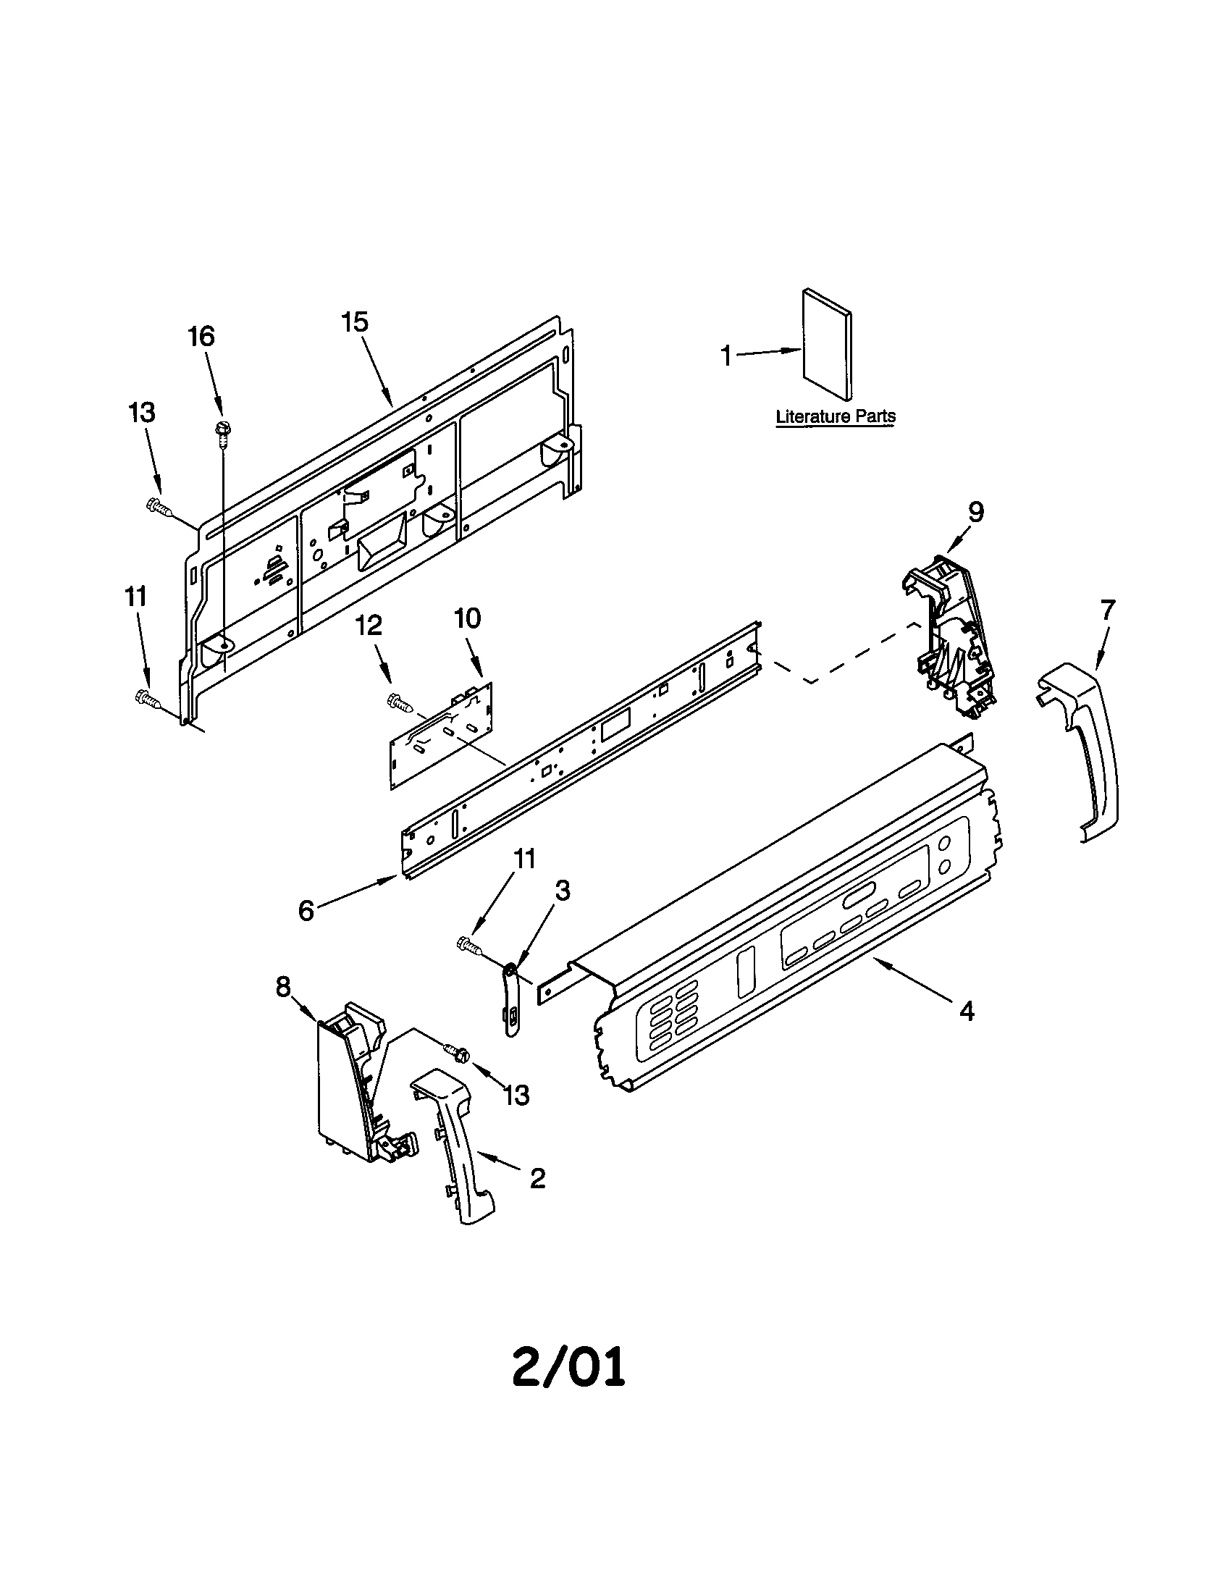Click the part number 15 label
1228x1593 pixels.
[356, 321]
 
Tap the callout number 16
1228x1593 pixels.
[201, 336]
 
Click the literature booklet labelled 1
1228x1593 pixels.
[826, 345]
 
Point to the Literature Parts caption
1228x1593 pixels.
[836, 416]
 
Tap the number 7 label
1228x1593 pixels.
[1108, 609]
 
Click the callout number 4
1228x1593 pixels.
[966, 1011]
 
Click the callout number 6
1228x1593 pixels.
[306, 910]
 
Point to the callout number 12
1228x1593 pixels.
[369, 625]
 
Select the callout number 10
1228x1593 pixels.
[468, 618]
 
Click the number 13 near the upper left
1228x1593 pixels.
[142, 412]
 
